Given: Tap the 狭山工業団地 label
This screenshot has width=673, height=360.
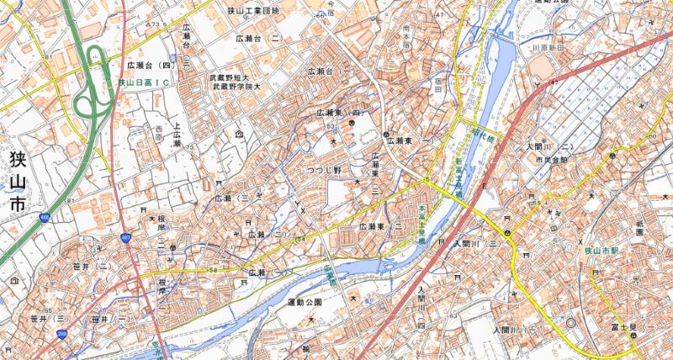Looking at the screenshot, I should tap(254, 11).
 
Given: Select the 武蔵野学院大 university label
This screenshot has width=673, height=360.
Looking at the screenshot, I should tap(240, 87).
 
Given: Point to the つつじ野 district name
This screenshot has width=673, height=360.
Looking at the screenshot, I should tap(323, 171).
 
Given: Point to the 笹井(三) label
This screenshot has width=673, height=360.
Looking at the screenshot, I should tap(47, 320).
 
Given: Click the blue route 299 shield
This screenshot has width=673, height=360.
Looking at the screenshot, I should tap(61, 334).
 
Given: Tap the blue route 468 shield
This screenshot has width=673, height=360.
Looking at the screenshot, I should tap(43, 218).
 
